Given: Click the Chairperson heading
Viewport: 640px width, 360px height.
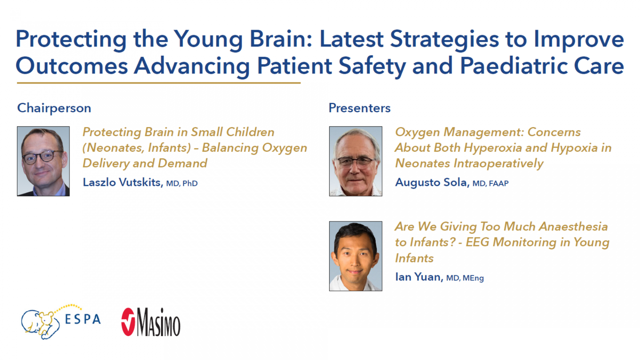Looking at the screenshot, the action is point(54,108).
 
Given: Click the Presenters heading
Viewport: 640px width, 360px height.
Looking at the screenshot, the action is point(359,108).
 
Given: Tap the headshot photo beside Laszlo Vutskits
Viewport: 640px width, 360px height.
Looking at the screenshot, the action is point(43,161).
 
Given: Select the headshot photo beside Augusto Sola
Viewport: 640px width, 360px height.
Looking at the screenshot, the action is point(356,161).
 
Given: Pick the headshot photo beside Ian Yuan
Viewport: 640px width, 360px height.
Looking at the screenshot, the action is point(356,256).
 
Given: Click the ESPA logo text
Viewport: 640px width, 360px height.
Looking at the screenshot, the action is point(83,319).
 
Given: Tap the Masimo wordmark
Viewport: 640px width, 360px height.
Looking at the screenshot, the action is point(159,322).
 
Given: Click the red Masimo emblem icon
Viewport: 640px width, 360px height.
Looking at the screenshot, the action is point(128,322).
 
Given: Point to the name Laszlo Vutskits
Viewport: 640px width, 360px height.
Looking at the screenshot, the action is point(122,182).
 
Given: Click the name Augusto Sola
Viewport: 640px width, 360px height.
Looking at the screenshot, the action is point(431,182).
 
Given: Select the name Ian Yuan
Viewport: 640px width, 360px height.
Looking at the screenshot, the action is point(418,277).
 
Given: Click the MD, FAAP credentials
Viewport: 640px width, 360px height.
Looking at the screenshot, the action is point(490,183).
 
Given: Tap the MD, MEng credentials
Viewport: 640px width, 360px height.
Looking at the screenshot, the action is point(465,278).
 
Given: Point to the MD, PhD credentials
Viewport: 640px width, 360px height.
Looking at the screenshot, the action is point(182,183).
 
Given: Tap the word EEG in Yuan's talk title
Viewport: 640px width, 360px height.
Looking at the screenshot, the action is point(477,242).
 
